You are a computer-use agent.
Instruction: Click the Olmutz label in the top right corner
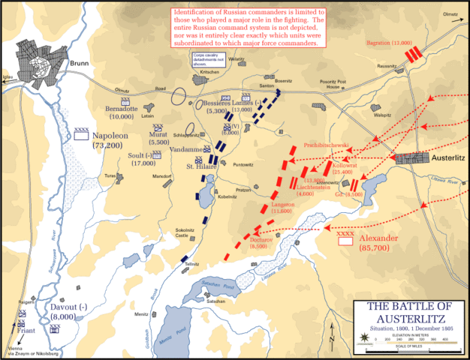(x=450, y=14)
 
